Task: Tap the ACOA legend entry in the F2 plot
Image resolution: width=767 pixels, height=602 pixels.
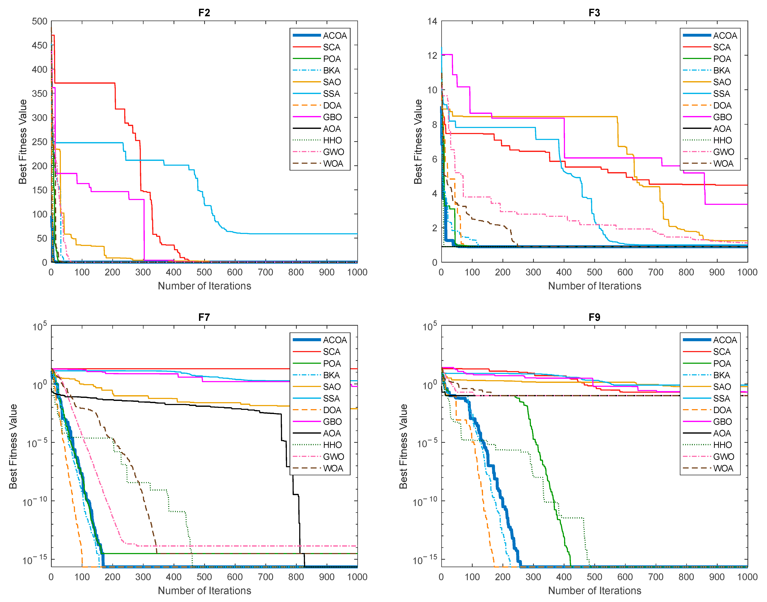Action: coord(320,36)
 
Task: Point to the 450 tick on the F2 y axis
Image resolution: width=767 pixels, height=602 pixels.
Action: coord(40,45)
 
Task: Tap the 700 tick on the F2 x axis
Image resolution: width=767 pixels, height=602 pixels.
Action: coord(265,272)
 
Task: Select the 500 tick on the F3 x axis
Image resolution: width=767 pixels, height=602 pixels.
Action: coord(594,272)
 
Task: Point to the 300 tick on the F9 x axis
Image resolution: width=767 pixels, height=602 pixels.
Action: coord(533,577)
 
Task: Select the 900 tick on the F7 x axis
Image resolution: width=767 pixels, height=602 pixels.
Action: coord(327,577)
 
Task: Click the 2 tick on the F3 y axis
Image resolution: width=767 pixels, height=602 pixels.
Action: coord(435,228)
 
